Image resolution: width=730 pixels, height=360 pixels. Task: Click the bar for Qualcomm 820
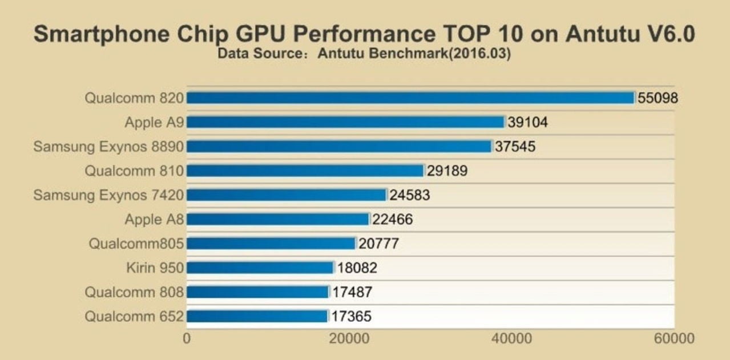click(x=410, y=98)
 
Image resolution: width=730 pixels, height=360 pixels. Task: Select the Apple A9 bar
click(x=345, y=122)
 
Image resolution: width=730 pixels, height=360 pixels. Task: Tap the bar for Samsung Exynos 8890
click(x=339, y=147)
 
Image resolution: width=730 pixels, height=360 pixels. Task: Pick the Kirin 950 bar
click(x=260, y=268)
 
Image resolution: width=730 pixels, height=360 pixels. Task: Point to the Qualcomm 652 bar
click(x=257, y=316)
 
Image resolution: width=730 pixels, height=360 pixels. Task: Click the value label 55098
click(x=658, y=98)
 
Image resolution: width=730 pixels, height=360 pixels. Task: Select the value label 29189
click(x=447, y=171)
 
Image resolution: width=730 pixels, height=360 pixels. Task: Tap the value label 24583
click(x=409, y=195)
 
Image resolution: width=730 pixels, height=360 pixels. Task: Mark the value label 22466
click(x=392, y=220)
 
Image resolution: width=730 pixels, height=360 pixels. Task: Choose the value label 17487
click(x=352, y=292)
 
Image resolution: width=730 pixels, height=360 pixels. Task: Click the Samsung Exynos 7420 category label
click(x=108, y=195)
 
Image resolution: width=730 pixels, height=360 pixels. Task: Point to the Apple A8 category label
click(x=154, y=220)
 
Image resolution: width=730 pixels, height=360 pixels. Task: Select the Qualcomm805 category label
click(x=136, y=244)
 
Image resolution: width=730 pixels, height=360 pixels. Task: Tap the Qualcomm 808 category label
click(x=134, y=292)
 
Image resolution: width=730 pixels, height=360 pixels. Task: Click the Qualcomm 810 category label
click(x=134, y=171)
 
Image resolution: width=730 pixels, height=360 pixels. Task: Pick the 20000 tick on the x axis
click(x=348, y=338)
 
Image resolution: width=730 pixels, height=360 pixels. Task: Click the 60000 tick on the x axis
click(x=674, y=338)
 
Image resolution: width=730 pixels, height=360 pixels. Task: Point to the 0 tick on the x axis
click(x=187, y=338)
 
